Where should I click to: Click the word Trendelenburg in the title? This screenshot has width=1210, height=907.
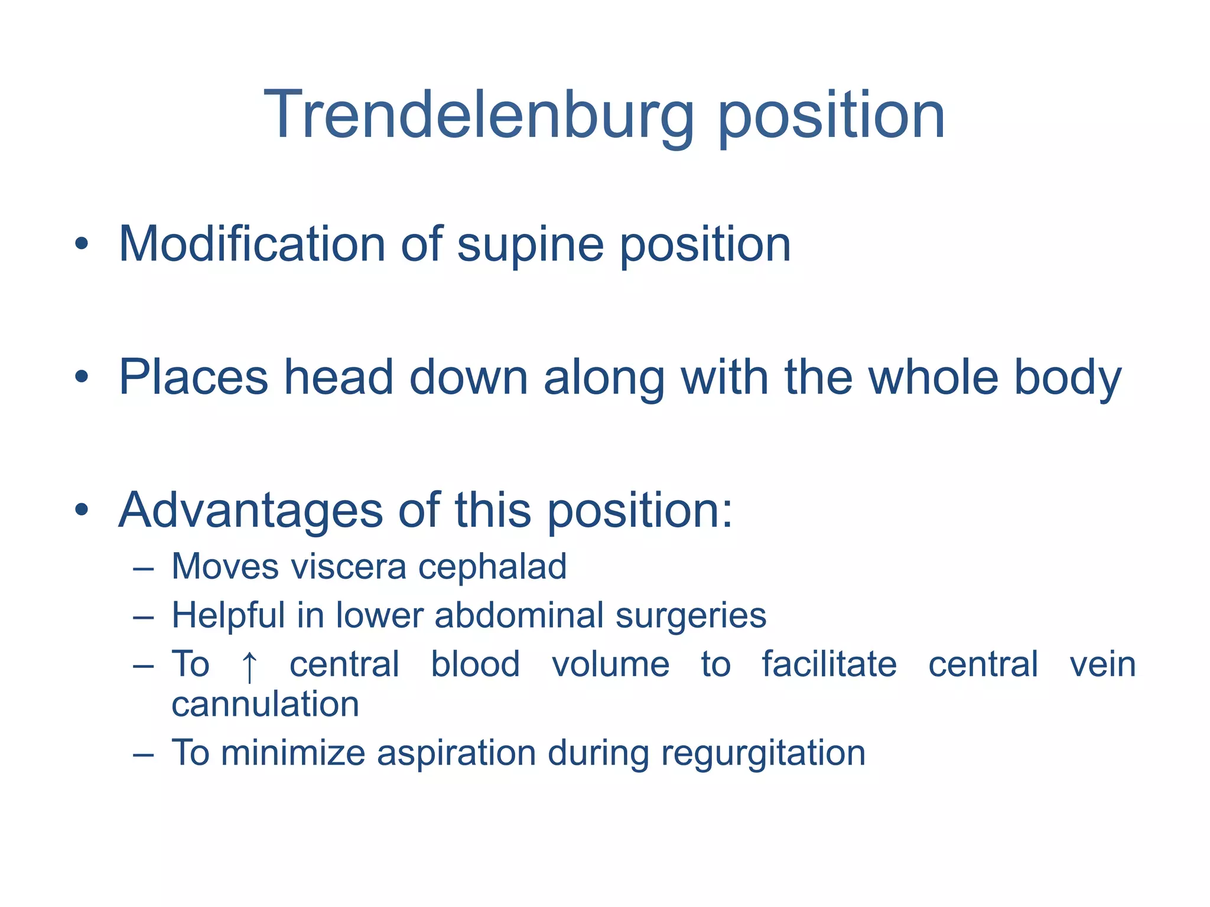pos(479,115)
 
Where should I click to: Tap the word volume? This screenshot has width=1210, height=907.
pos(610,664)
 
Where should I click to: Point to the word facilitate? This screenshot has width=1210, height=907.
pos(828,664)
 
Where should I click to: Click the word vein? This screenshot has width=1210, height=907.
pos(1102,664)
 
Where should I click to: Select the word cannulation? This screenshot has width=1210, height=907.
pos(265,704)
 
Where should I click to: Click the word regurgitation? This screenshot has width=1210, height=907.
pos(763,755)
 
